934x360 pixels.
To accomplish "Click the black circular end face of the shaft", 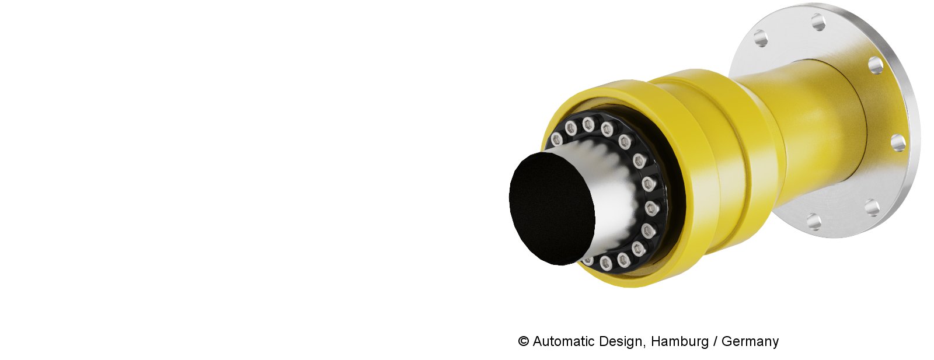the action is [x=552, y=208].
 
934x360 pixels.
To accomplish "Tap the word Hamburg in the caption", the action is [x=679, y=342].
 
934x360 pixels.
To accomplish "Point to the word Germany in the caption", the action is [x=750, y=342].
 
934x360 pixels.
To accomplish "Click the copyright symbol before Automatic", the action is [x=524, y=341].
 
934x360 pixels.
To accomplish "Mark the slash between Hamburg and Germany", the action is [x=715, y=341].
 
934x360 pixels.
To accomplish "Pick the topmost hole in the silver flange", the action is [x=818, y=22].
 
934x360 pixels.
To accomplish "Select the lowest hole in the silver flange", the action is [x=814, y=221].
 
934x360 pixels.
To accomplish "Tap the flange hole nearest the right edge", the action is [x=898, y=143].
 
